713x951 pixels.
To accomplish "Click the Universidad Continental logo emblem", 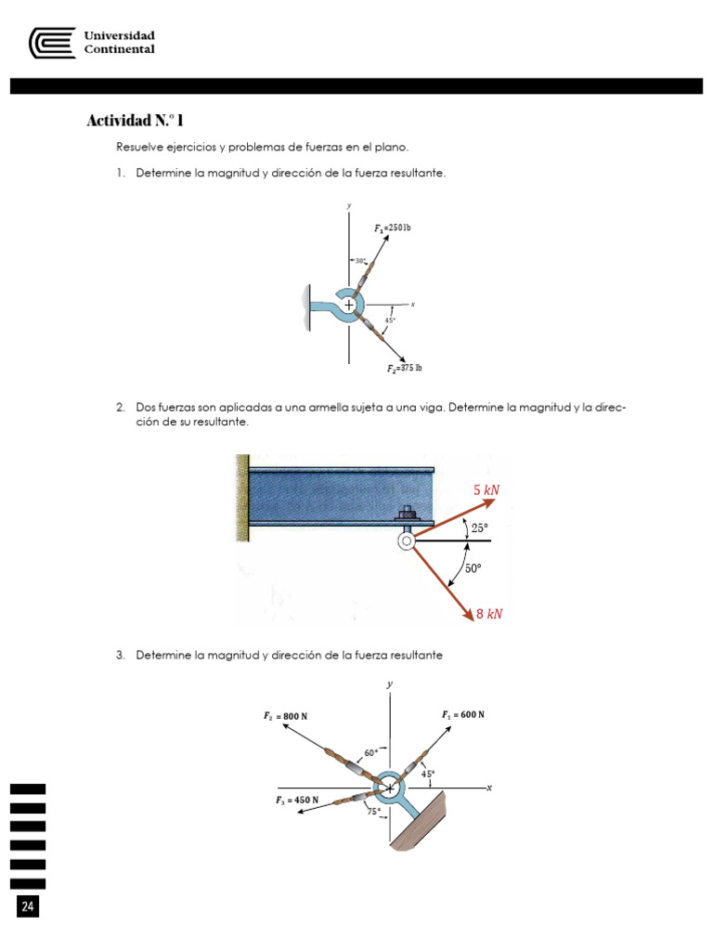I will (52, 43).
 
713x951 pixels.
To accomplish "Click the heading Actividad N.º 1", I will (135, 121).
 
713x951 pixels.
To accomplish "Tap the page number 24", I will (28, 906).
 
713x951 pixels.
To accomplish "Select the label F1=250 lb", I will (393, 228).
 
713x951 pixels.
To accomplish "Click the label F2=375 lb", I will (405, 369).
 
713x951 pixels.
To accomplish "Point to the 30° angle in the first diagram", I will (360, 261).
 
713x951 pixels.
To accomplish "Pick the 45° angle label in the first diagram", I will (390, 320).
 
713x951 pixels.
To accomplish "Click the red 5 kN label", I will (487, 490).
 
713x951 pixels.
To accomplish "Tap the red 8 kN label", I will (489, 614).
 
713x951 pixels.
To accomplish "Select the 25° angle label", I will (479, 528).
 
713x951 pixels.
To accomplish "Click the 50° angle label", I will (473, 568).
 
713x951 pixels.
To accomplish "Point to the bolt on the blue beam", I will (406, 512).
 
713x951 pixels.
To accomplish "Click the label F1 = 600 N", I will (463, 715).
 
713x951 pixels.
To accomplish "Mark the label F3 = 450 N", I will (297, 800).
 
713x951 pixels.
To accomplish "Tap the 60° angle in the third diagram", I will (371, 752).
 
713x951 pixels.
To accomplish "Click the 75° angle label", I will (374, 811).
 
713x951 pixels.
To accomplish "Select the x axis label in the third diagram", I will (488, 788).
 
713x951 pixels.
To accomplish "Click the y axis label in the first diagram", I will (349, 205).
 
